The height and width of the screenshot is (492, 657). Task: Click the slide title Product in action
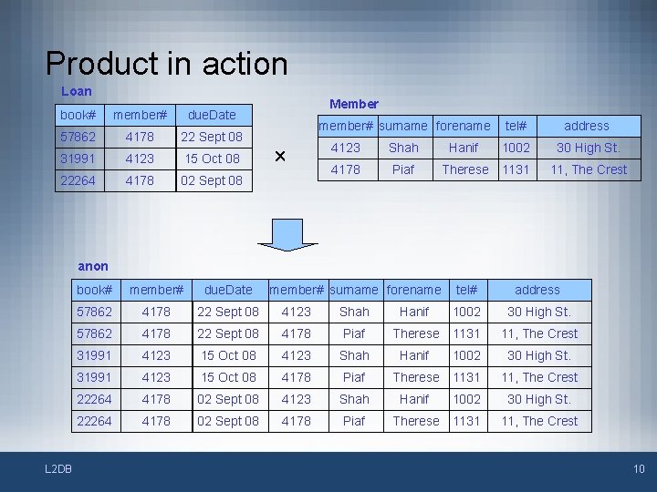[x=166, y=64]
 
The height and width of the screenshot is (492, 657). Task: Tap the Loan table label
[x=77, y=91]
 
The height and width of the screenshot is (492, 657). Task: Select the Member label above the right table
[x=354, y=104]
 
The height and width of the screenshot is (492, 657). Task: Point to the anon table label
[x=93, y=266]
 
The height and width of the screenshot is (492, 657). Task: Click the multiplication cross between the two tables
[x=280, y=157]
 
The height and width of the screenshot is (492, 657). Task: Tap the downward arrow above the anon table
[x=287, y=232]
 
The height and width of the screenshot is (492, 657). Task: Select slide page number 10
[x=639, y=469]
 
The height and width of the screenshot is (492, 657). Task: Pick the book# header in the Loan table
[x=78, y=115]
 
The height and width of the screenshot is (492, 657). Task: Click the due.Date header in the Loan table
[x=212, y=115]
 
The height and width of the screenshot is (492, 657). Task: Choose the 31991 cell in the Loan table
[x=78, y=159]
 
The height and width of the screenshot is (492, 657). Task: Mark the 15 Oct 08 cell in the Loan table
[x=212, y=159]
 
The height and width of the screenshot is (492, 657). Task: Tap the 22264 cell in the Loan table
[x=78, y=180]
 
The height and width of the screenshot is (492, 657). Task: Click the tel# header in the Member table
[x=516, y=126]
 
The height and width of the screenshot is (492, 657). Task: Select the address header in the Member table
[x=587, y=126]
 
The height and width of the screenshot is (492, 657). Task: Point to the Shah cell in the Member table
[x=403, y=148]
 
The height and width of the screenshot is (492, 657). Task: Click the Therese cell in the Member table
[x=464, y=169]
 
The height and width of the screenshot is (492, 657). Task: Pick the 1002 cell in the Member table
[x=516, y=148]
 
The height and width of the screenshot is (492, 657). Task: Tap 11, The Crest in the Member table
[x=588, y=169]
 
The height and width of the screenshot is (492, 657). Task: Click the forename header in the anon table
[x=414, y=290]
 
